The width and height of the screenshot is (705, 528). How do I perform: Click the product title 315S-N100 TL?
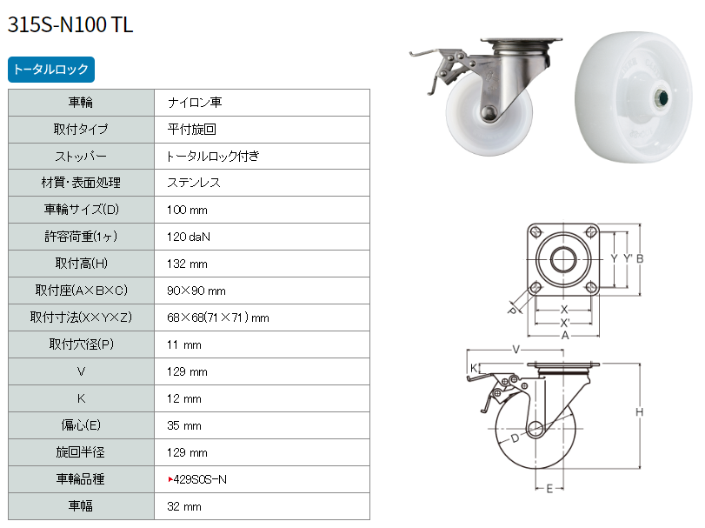point(70,24)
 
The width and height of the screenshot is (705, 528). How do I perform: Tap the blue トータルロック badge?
point(51,70)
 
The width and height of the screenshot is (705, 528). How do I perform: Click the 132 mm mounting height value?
point(187,264)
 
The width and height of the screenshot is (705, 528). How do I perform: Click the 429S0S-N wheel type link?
point(200,479)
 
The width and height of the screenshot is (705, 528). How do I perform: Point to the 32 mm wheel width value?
point(184,506)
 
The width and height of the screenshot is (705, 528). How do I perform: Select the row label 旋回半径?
point(81,452)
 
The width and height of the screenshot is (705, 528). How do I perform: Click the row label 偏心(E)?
point(81,425)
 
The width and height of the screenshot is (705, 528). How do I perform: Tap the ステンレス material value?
point(194,183)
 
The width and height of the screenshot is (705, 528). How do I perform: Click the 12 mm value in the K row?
point(184,398)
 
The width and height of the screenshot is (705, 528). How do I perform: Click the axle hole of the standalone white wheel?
point(661,97)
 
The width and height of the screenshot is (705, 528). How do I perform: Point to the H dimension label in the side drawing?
point(639,412)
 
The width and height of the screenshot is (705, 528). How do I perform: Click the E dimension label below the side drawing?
point(549,489)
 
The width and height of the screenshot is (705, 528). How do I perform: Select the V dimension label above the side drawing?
point(515,350)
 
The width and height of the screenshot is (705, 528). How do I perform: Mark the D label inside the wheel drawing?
point(515,438)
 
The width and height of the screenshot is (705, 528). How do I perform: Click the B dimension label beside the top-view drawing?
point(640,258)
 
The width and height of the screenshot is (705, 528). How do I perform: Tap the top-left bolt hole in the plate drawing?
point(535,232)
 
